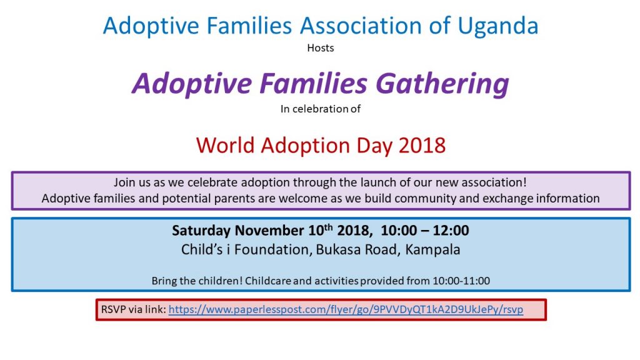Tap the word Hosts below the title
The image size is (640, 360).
pos(321,48)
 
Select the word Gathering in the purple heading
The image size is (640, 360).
pos(442,84)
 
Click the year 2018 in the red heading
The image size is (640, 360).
pos(422,145)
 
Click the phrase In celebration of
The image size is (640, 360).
pos(321,109)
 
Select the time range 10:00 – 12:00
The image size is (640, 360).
pos(425,231)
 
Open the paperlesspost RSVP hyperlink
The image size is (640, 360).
pos(346,309)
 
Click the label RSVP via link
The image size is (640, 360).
pos(134,309)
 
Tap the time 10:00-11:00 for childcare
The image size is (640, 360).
pos(461,281)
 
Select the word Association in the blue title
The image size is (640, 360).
pos(361,26)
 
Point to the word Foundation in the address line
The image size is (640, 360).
pos(271,249)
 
